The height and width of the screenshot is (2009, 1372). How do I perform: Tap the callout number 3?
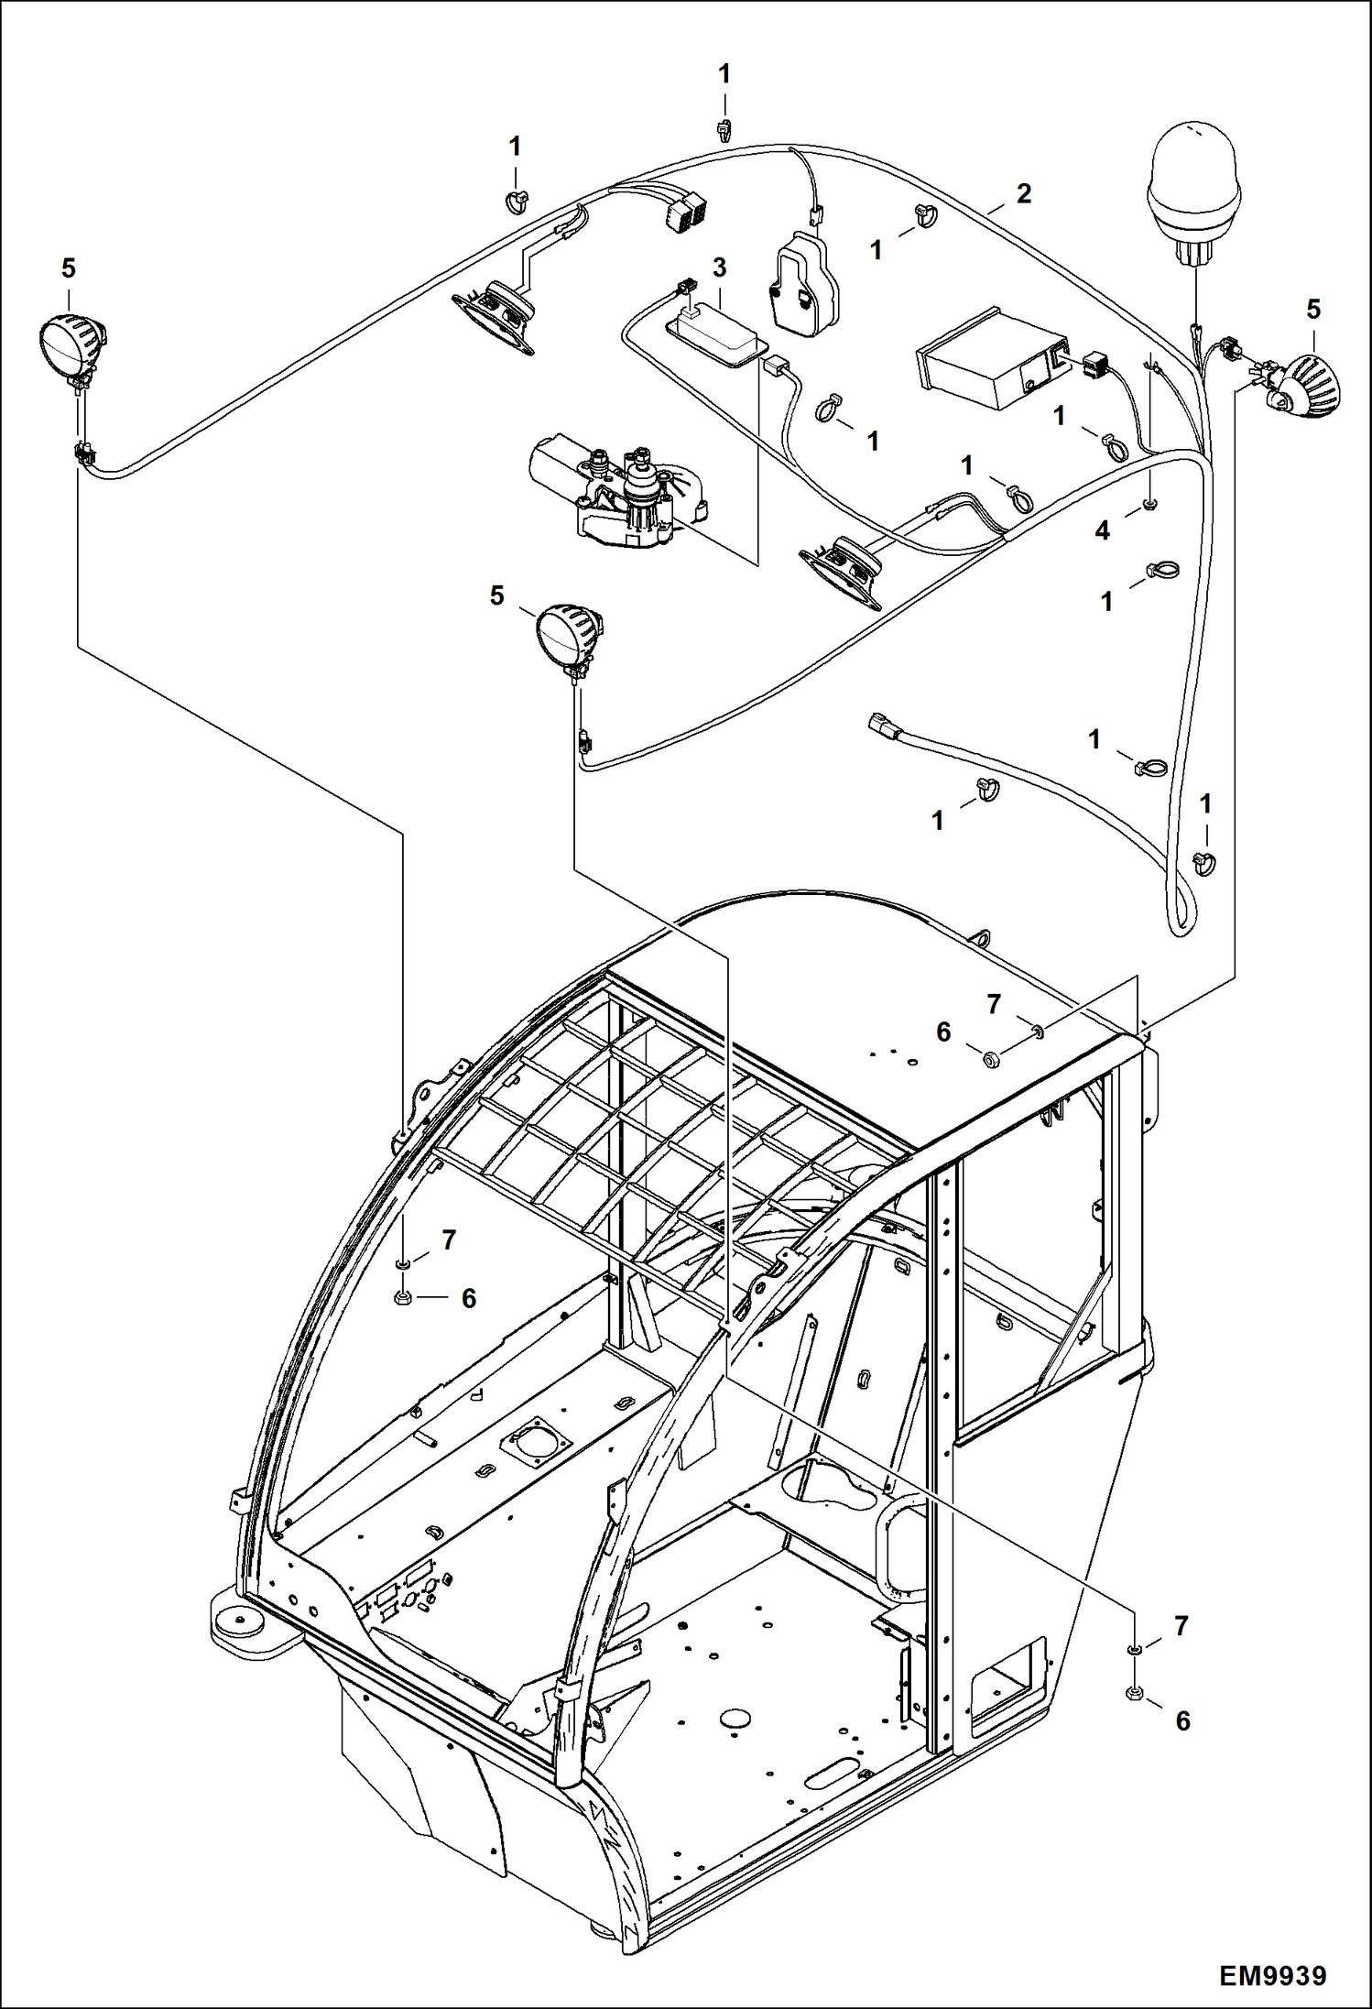pyautogui.click(x=719, y=268)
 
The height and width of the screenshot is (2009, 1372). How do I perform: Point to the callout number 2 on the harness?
pyautogui.click(x=1023, y=193)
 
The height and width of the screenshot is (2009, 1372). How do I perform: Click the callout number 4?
pyautogui.click(x=1103, y=530)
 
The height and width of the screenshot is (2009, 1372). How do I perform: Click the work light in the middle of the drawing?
pyautogui.click(x=567, y=634)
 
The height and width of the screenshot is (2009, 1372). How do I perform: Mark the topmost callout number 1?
pyautogui.click(x=724, y=75)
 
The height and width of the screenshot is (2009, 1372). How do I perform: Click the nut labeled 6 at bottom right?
pyautogui.click(x=1133, y=1693)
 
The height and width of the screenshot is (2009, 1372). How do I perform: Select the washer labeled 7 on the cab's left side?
pyautogui.click(x=401, y=1265)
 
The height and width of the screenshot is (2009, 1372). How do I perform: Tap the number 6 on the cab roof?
pyautogui.click(x=943, y=1032)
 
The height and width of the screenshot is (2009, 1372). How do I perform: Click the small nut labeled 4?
pyautogui.click(x=1149, y=505)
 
